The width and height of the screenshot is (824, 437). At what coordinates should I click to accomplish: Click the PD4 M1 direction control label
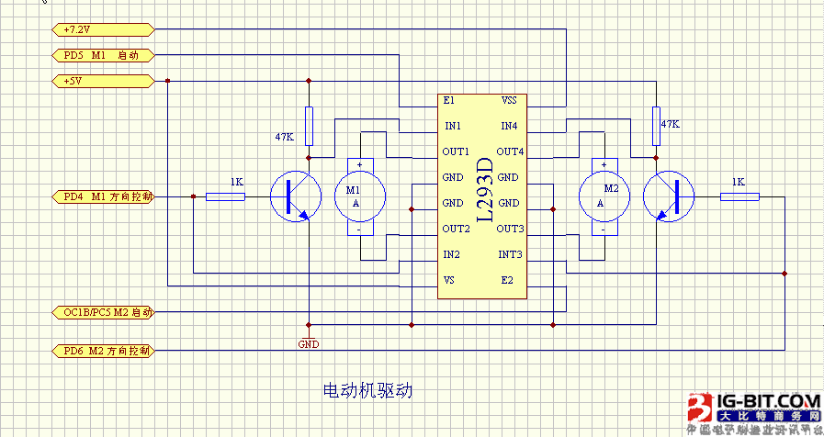point(102,196)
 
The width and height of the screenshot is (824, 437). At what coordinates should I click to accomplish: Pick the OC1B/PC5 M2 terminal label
point(102,312)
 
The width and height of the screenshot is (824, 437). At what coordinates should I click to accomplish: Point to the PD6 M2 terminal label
point(102,351)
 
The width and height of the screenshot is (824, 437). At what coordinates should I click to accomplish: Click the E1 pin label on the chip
point(448,100)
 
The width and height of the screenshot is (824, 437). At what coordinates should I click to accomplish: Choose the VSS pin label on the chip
point(510,100)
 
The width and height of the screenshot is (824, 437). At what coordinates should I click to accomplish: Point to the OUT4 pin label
point(510,151)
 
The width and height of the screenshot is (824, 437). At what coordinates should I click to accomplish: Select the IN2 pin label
point(451,254)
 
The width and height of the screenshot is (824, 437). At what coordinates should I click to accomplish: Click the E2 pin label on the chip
point(507,280)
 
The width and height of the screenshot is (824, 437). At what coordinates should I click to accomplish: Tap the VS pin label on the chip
point(448,280)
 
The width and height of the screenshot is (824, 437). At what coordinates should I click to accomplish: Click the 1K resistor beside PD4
point(225,196)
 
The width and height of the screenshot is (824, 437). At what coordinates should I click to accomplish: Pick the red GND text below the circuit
point(309,344)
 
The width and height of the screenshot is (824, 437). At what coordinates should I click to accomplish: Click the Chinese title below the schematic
point(368,390)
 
